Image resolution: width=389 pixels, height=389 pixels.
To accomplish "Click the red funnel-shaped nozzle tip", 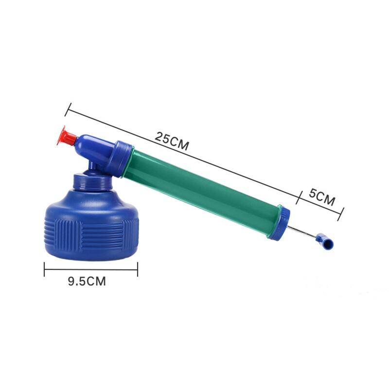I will click(66, 136).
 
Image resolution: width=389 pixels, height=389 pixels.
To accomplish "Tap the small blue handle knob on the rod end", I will click(324, 240).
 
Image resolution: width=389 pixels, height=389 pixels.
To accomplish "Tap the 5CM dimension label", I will click(322, 198).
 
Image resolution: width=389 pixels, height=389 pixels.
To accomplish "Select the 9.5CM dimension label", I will click(87, 282).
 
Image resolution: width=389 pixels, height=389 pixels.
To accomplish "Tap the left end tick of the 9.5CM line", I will click(45, 269).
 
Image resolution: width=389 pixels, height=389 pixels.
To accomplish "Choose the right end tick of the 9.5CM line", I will click(138, 269).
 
